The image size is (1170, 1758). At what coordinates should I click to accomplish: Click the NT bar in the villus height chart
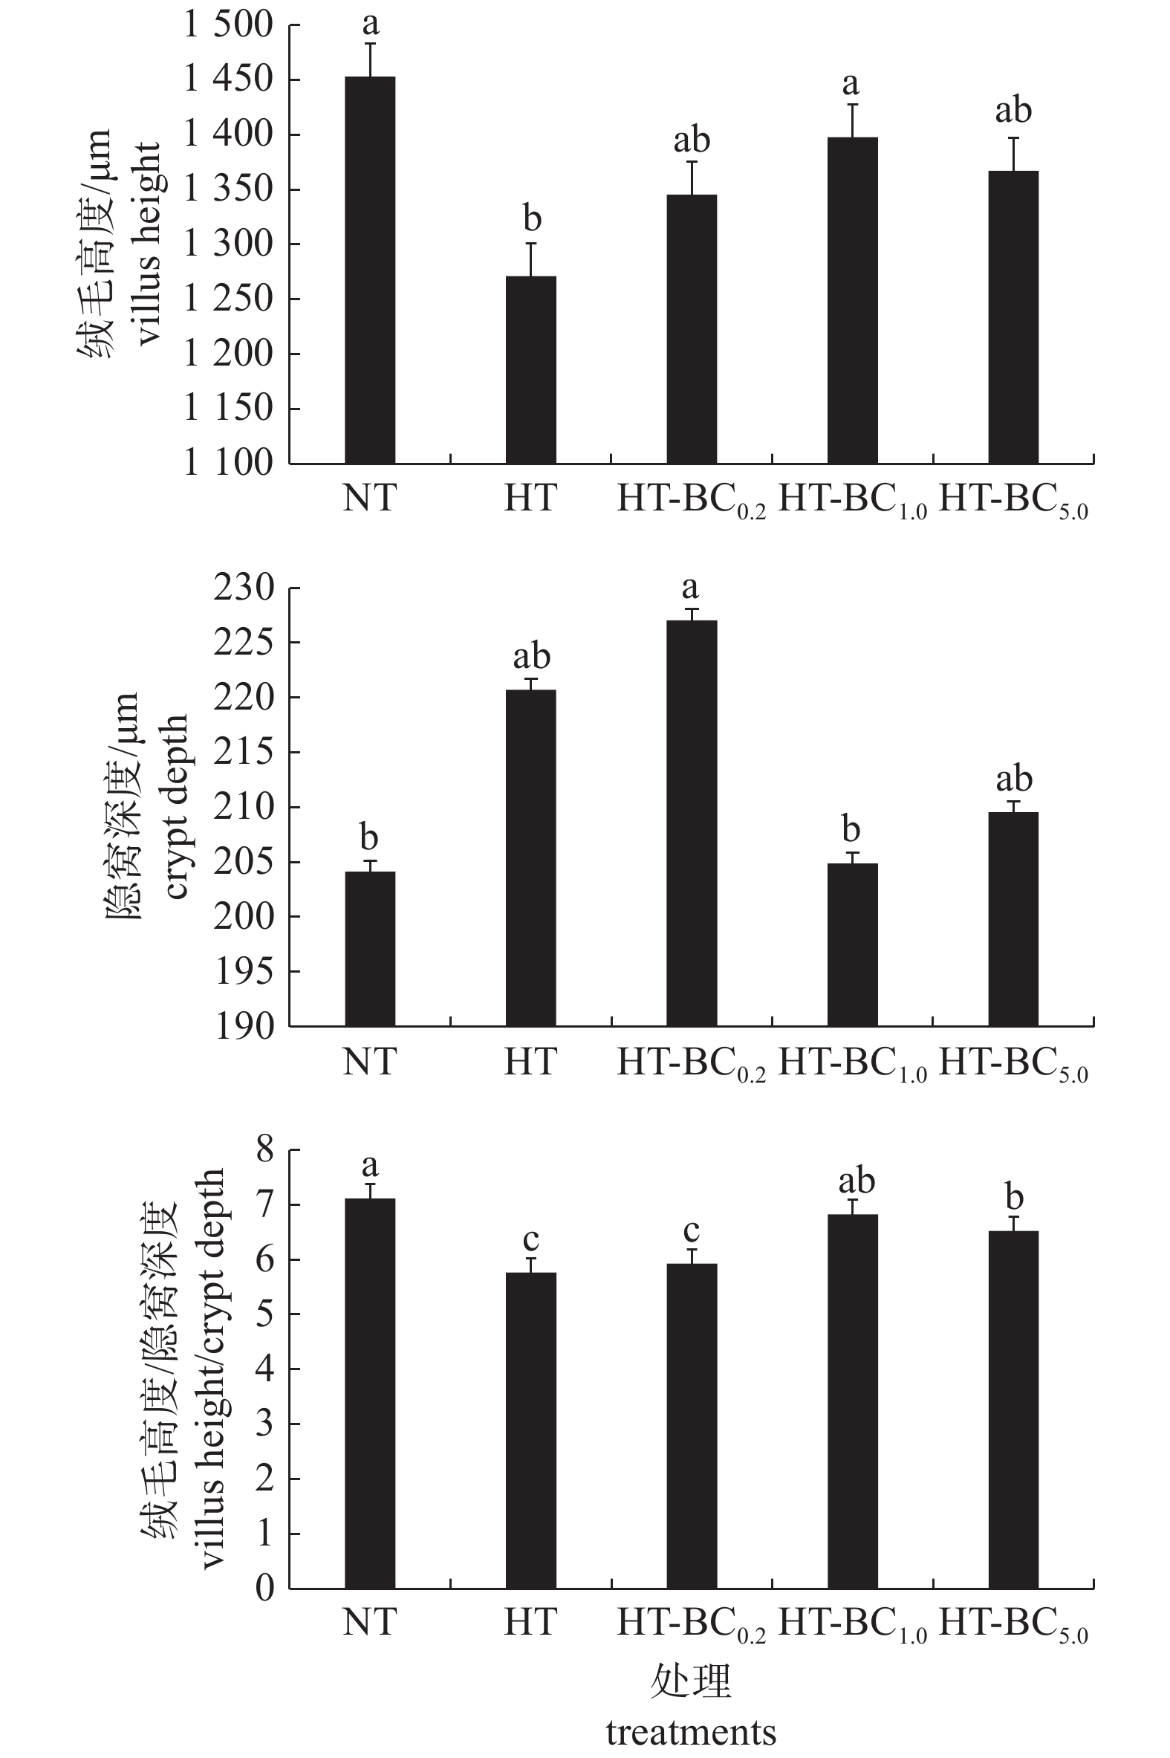point(369,270)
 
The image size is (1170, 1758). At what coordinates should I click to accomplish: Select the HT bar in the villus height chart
point(530,369)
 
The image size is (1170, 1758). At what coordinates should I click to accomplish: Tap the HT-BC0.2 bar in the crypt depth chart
point(692,823)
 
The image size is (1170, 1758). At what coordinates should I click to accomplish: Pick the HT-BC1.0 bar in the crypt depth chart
point(852,944)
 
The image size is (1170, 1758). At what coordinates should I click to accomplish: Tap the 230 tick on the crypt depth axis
point(244,588)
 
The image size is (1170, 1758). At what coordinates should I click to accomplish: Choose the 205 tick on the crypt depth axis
point(244,862)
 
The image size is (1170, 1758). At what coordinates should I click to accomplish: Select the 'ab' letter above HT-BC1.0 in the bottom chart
point(856,1181)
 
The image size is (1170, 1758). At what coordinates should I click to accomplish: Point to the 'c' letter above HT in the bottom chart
point(530,1239)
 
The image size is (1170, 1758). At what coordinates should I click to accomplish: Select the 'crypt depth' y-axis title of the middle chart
point(176,807)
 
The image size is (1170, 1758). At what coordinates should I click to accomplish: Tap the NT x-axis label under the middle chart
point(369,1061)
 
